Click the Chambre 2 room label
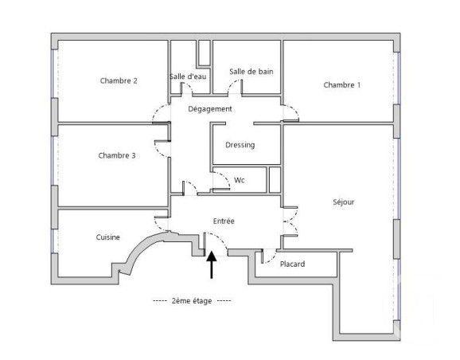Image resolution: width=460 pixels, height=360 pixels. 119,80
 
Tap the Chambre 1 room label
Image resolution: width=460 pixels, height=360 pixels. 341,85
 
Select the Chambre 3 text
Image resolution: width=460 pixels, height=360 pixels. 116,155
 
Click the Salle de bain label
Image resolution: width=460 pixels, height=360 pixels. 251,72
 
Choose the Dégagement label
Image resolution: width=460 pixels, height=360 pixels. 210,108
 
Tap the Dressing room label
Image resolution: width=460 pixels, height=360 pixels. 240,146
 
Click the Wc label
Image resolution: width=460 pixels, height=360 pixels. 239,180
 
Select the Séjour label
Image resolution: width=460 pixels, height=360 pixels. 343,202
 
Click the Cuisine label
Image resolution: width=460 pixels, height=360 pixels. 108,237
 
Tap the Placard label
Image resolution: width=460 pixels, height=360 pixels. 292,264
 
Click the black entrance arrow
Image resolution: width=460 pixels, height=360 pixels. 212,264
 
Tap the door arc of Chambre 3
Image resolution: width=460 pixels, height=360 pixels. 164,147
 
